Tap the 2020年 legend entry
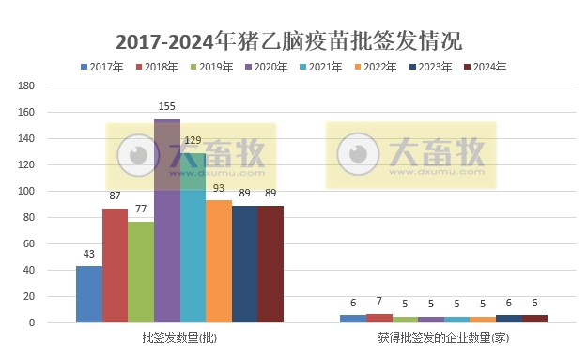click(x=273, y=67)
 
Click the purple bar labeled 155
click(x=167, y=221)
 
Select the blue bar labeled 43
click(x=89, y=294)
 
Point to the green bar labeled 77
click(x=141, y=272)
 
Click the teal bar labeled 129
click(x=193, y=238)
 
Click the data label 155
click(x=167, y=108)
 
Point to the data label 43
click(x=88, y=255)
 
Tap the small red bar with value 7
click(x=379, y=318)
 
